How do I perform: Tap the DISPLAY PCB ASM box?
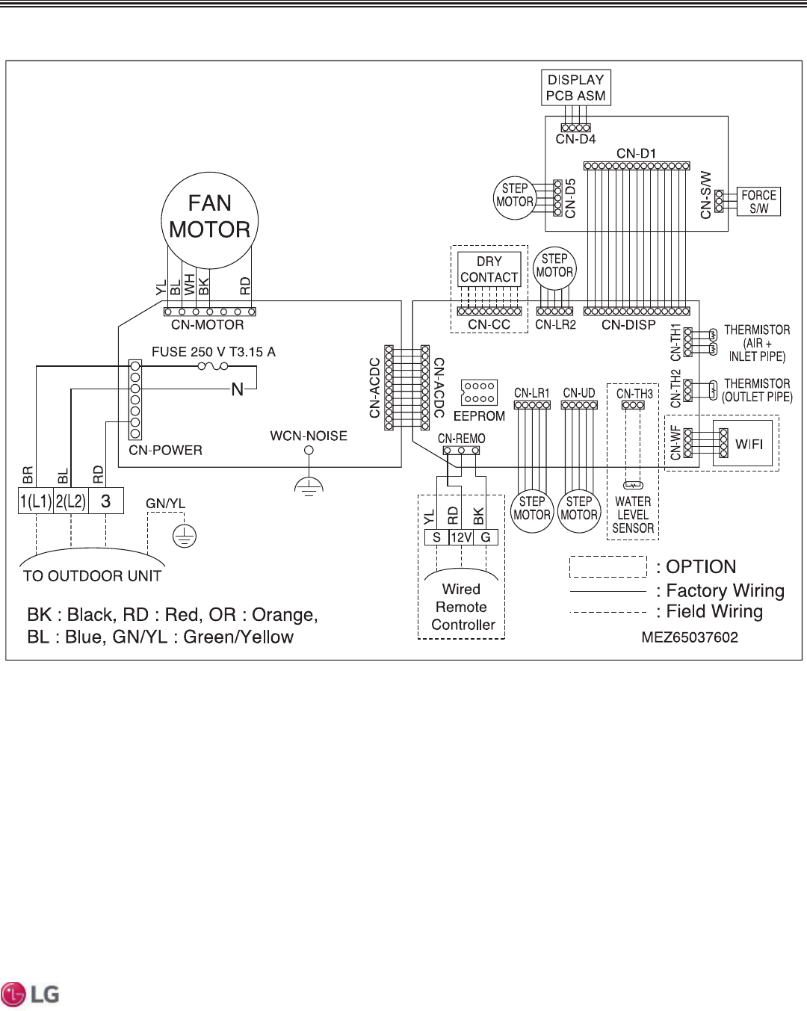tap(576, 87)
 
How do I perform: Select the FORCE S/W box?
tap(758, 202)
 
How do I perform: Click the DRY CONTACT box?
tap(489, 270)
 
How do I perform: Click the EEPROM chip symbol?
tap(479, 392)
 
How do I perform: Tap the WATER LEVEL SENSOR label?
tap(633, 515)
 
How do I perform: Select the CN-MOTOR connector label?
tap(207, 325)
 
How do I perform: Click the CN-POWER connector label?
tap(165, 451)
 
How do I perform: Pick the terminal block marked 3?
tap(106, 501)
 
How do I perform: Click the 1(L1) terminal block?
tap(36, 501)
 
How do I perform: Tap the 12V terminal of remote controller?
tap(461, 537)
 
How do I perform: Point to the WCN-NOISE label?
tap(309, 436)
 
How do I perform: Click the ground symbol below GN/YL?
tap(185, 536)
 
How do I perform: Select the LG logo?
tap(31, 995)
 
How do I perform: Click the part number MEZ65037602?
tap(690, 637)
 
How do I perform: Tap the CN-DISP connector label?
tap(628, 325)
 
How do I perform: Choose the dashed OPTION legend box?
tap(608, 566)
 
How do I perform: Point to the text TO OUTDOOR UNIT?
tap(92, 576)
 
